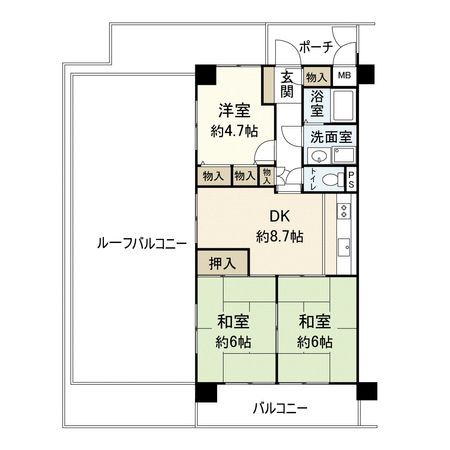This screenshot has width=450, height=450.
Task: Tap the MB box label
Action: (x=343, y=76)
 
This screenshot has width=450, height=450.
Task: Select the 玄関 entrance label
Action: (x=287, y=85)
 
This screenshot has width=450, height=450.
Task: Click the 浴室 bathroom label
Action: (x=316, y=105)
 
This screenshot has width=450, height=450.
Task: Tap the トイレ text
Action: (x=314, y=178)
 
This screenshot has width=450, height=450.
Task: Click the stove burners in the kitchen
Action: (x=345, y=211)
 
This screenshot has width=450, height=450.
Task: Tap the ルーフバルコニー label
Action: (x=131, y=243)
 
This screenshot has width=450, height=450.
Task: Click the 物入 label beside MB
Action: (x=316, y=76)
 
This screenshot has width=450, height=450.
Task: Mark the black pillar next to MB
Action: (x=366, y=73)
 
